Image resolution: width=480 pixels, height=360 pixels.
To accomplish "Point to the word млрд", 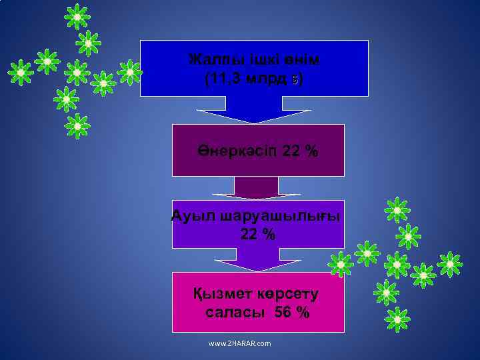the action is click(271, 80).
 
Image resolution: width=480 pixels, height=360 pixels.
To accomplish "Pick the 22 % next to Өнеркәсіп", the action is click(300, 151).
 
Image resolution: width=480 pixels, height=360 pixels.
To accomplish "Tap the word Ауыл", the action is click(192, 216).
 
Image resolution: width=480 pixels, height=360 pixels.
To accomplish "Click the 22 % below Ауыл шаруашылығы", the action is click(257, 234).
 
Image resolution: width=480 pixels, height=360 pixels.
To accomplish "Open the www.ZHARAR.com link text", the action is click(240, 343).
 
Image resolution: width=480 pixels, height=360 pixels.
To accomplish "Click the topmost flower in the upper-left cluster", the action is click(77, 16).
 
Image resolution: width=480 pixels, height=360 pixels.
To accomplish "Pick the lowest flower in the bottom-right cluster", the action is click(397, 320).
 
